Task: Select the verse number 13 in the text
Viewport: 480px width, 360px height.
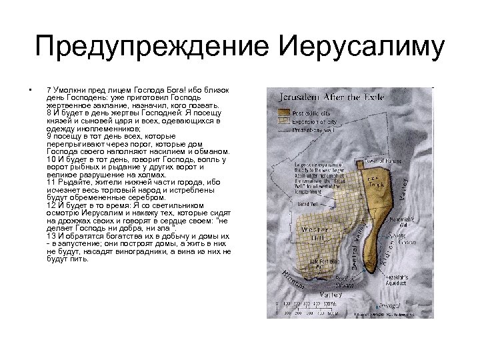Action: point(51,236)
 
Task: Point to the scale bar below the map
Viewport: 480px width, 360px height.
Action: point(307,307)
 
